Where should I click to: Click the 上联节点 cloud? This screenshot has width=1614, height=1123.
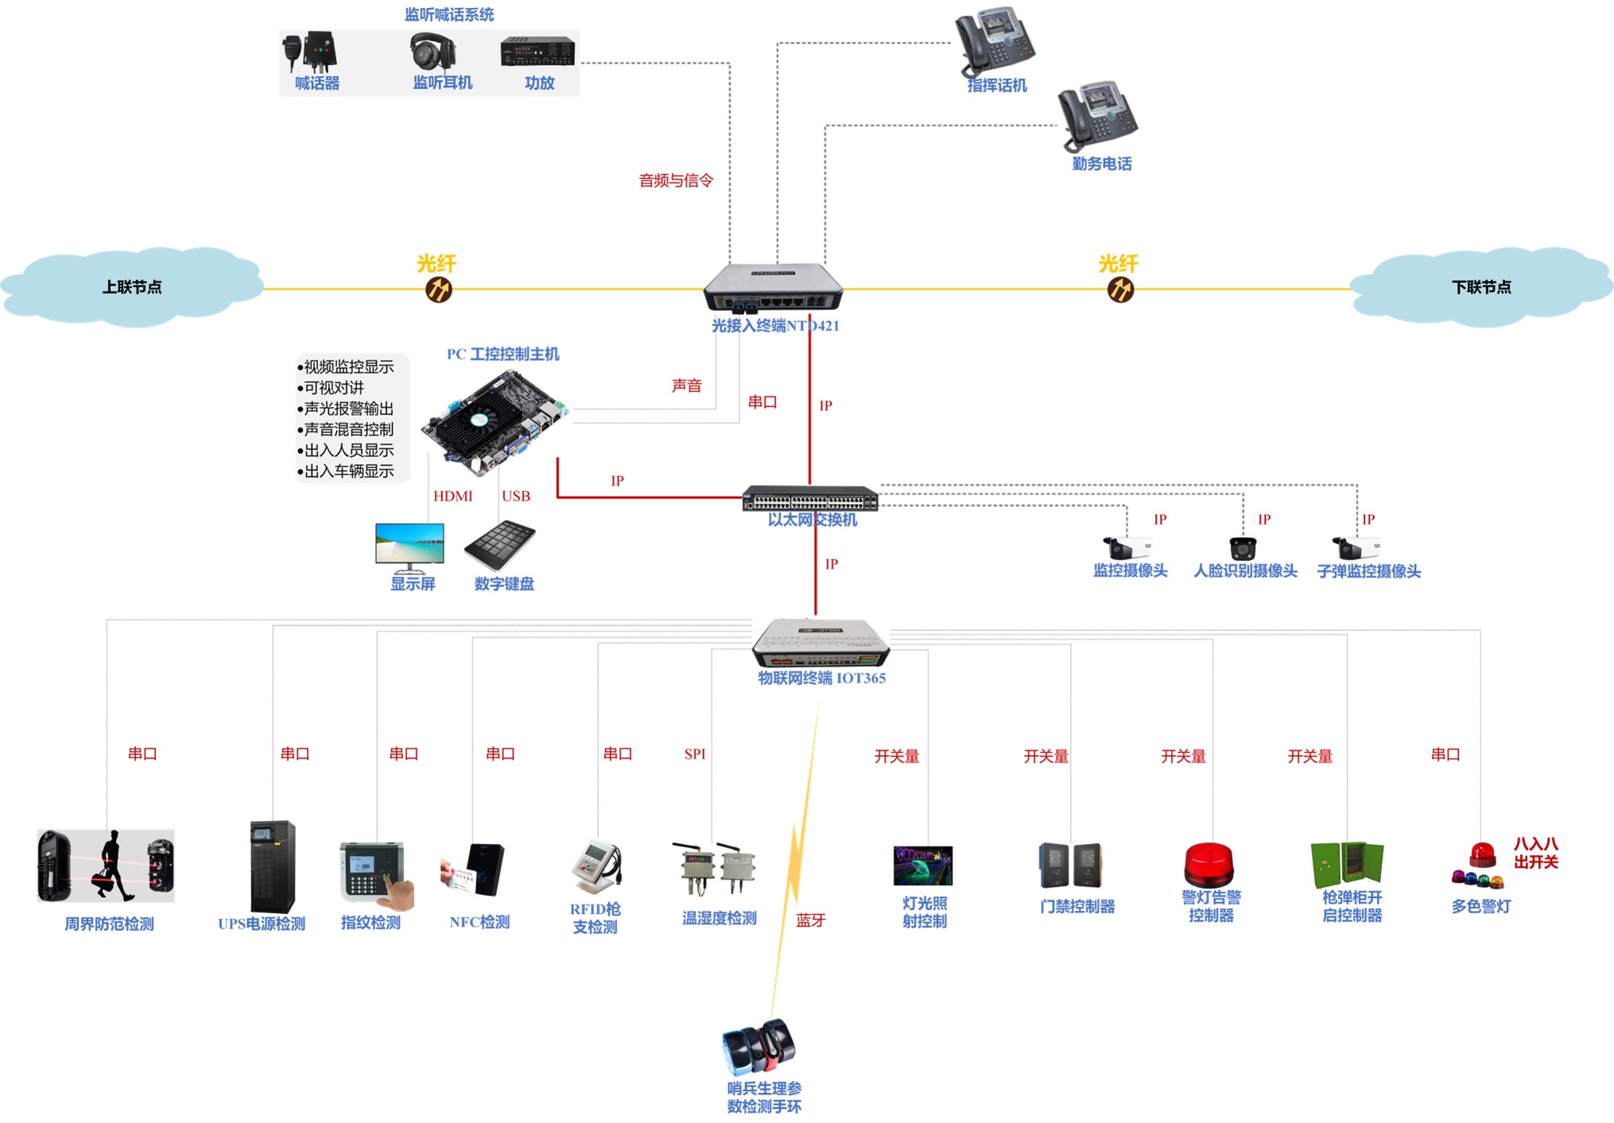(x=132, y=287)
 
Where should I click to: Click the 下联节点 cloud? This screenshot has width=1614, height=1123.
(x=1481, y=287)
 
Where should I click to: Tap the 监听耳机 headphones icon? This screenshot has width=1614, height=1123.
(x=433, y=52)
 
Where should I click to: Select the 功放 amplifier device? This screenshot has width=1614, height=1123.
(x=537, y=52)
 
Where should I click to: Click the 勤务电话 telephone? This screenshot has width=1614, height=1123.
(x=1098, y=116)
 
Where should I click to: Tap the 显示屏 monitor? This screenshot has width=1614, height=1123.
(x=409, y=547)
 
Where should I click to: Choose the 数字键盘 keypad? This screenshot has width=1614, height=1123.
(x=500, y=544)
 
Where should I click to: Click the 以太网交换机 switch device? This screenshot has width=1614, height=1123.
(x=810, y=498)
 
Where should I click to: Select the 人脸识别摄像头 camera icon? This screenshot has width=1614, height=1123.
(x=1243, y=548)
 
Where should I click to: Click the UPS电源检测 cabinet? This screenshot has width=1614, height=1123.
(x=272, y=866)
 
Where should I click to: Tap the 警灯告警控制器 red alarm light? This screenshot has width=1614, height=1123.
(x=1209, y=865)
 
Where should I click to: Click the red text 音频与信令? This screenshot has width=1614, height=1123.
(x=676, y=180)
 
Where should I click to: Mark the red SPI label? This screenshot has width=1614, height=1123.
(x=694, y=754)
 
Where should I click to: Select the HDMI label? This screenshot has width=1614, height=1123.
(x=452, y=496)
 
